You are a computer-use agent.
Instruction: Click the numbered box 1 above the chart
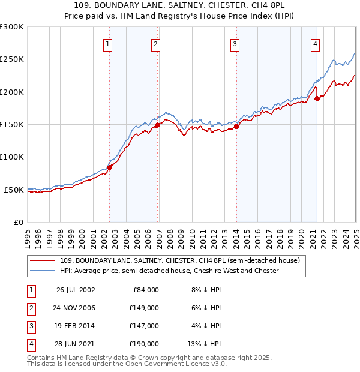(x=107, y=43)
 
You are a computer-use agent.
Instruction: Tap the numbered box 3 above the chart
(x=235, y=43)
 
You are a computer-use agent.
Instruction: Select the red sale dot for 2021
(x=317, y=98)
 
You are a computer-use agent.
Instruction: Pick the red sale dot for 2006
(x=157, y=125)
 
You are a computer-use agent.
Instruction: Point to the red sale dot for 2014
(x=236, y=126)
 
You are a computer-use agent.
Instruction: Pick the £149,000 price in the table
(x=145, y=308)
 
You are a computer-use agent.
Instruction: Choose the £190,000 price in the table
(x=145, y=344)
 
